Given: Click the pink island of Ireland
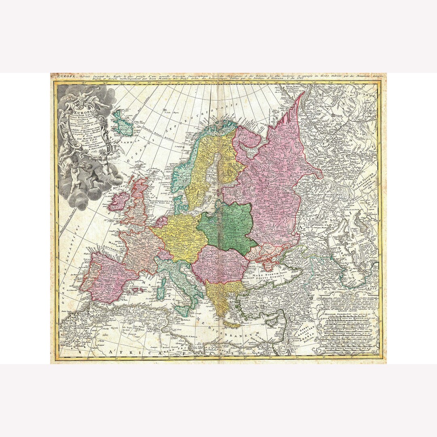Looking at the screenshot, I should coord(119,202).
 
